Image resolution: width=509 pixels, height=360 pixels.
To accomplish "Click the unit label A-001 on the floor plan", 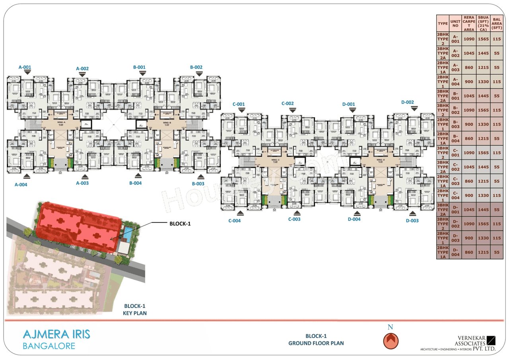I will tap(25, 67).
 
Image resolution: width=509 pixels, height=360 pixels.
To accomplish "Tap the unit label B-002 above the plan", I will tap(196, 67).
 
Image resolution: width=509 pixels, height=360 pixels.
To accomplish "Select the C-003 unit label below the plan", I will tap(294, 219).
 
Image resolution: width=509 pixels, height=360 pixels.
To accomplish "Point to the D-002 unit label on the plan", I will tap(408, 102).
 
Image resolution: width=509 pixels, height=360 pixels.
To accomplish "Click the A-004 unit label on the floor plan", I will tap(21, 184).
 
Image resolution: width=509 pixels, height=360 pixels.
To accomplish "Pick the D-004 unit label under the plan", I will tap(354, 219).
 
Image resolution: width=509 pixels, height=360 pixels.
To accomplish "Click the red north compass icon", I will tap(390, 341).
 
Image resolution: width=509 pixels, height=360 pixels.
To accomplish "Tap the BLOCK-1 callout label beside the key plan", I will tap(180, 224).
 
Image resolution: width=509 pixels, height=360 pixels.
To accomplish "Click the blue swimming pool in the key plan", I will tap(128, 234).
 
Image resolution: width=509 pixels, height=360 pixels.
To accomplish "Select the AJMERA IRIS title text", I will tap(56, 334).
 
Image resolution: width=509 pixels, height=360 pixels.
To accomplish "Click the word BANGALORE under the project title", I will tap(49, 346).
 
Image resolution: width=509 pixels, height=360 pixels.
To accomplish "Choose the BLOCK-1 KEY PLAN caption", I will tap(135, 310).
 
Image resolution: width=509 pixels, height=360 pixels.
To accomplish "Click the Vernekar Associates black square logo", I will tap(491, 341).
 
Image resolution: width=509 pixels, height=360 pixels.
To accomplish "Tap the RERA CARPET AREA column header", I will tap(469, 23).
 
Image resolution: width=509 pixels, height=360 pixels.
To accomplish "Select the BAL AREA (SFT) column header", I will tap(496, 23).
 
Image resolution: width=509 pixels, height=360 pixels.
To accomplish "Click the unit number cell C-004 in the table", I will tap(456, 195).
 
